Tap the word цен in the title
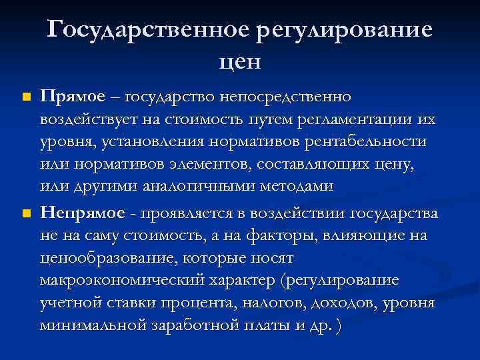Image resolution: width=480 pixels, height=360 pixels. click(x=240, y=62)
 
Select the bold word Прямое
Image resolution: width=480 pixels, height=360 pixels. click(x=73, y=97)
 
